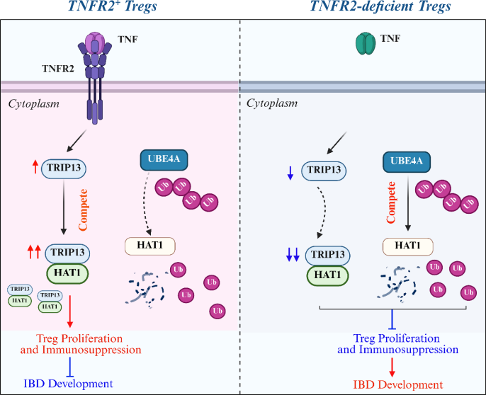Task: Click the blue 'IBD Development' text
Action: [x=68, y=383]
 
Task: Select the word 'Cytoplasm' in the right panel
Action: [x=270, y=103]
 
